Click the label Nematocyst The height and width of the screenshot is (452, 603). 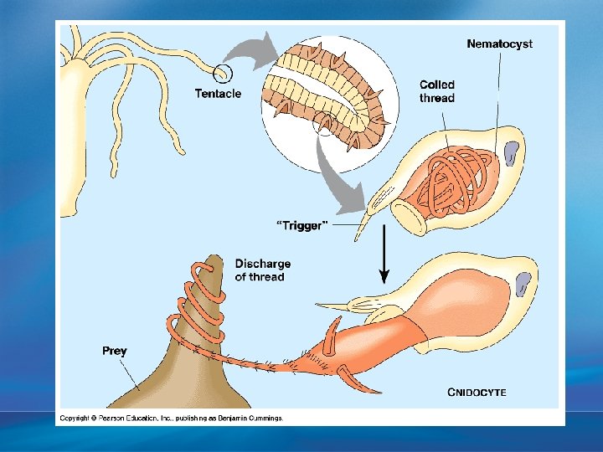[x=499, y=44]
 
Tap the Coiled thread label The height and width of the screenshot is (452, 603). [x=437, y=91]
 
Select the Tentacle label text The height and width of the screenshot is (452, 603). [x=218, y=94]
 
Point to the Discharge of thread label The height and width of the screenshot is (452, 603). [x=263, y=270]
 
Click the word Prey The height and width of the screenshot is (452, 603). [x=115, y=351]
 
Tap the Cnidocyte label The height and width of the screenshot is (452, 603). [x=477, y=391]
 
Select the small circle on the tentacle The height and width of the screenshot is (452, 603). [x=222, y=74]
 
